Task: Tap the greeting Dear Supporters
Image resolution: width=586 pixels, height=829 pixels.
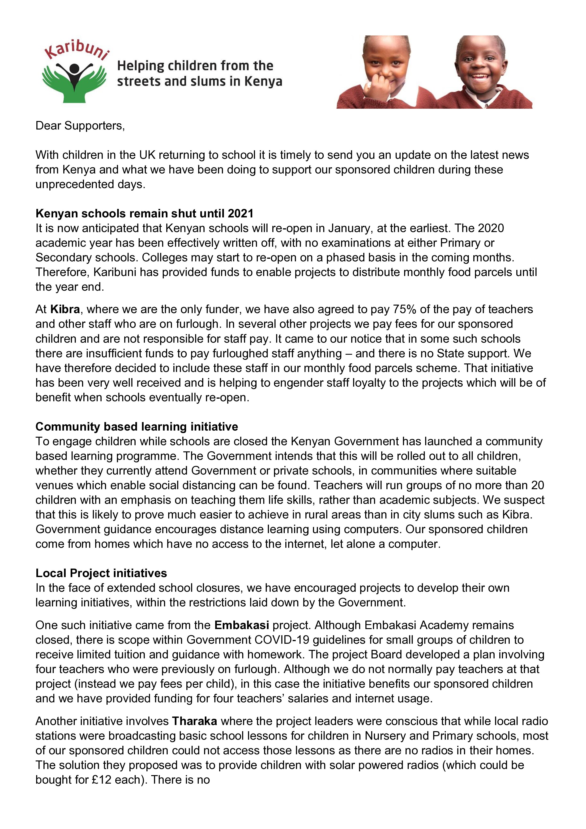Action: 80,126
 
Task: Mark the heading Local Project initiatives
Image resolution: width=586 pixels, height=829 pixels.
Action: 101,573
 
